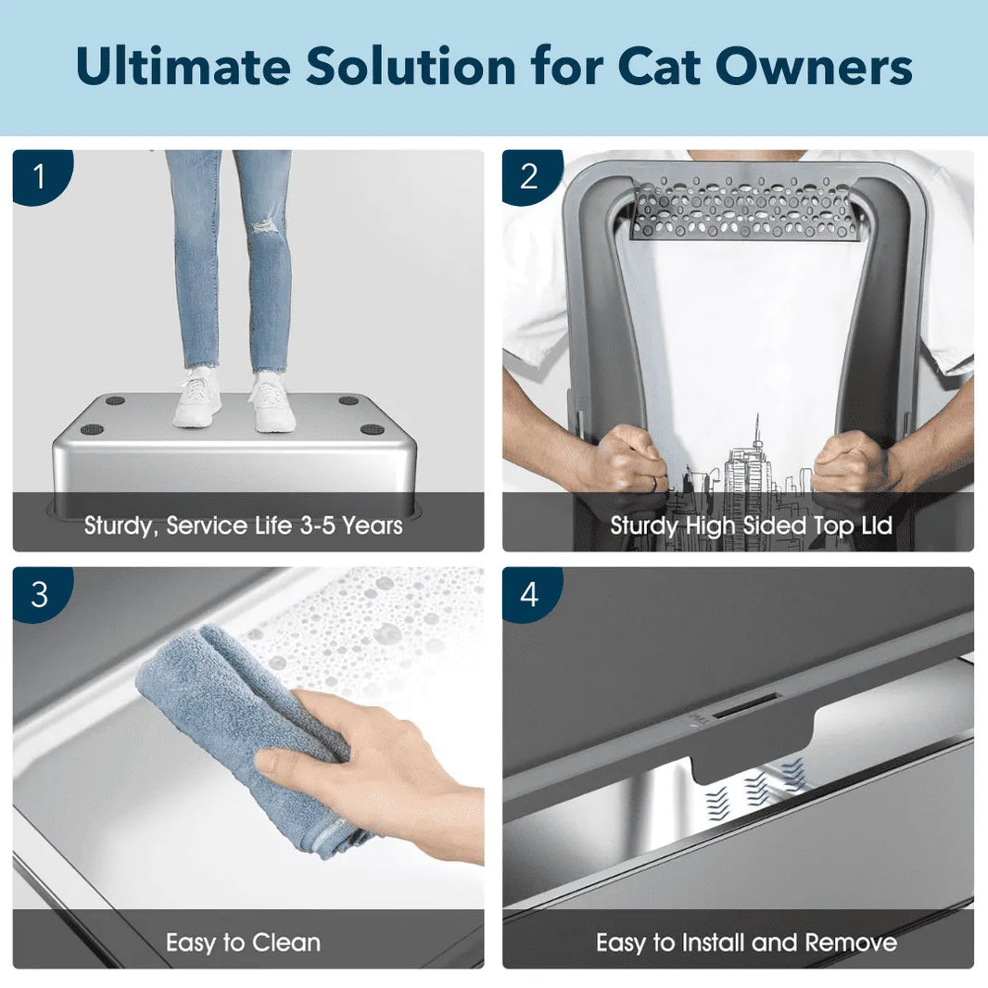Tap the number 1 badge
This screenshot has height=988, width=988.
(38, 176)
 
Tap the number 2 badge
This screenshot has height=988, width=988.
(528, 176)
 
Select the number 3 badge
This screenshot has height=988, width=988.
(38, 594)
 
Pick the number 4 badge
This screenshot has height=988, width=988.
(528, 594)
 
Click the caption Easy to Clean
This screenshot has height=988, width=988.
(243, 944)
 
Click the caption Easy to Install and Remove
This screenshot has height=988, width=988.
(746, 944)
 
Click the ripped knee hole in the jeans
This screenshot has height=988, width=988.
(267, 223)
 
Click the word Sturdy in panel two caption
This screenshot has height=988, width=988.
(644, 526)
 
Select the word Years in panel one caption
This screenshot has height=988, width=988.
(373, 526)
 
